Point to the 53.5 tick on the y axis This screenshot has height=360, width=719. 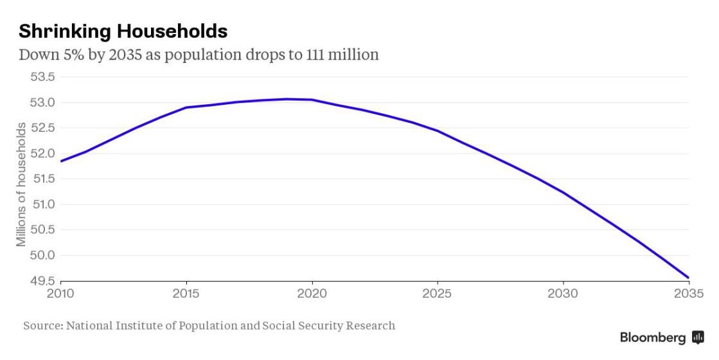coord(42,77)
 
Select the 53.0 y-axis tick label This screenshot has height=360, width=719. coord(42,103)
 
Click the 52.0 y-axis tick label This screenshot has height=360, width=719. coord(42,154)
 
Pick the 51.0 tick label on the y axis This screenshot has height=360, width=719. coord(42,204)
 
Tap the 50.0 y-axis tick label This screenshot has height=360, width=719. coord(42,255)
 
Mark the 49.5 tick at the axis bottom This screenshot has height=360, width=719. coord(42,281)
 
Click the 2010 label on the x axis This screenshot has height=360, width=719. coord(61,294)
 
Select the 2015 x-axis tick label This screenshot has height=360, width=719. coord(186,294)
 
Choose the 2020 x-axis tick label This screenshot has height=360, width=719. coord(312,294)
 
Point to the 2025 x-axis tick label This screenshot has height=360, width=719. coord(438,294)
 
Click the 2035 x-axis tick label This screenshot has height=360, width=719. coord(687,294)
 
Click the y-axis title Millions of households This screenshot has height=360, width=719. coord(22,184)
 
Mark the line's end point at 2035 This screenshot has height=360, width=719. coord(689,278)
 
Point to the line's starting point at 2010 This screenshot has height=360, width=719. coord(61,161)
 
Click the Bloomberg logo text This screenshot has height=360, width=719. coord(653,338)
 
